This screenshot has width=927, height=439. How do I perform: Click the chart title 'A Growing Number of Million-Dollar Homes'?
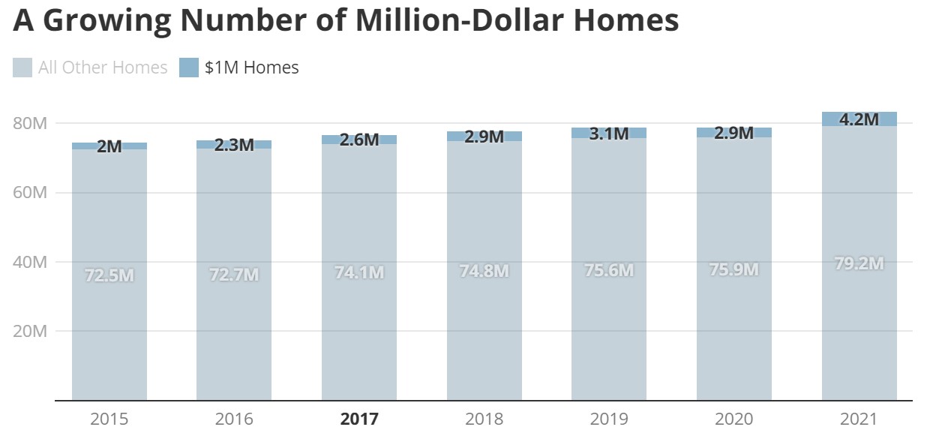(x=346, y=21)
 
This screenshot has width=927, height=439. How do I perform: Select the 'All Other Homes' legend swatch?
(x=22, y=68)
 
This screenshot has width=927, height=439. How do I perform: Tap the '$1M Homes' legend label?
(x=251, y=68)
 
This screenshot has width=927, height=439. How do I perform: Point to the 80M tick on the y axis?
(x=31, y=123)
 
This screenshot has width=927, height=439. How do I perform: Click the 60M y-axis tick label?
(x=31, y=193)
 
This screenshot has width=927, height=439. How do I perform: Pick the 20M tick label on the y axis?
(x=31, y=331)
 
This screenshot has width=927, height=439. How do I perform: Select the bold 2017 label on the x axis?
(x=359, y=419)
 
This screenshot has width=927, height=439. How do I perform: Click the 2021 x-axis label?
(x=859, y=419)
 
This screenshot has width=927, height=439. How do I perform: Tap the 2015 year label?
(x=109, y=419)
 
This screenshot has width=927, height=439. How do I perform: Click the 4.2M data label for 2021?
(x=859, y=119)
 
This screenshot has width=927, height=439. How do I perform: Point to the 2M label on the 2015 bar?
(x=109, y=146)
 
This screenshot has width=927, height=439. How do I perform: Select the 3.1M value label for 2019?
(x=609, y=134)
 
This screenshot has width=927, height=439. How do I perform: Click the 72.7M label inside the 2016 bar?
(x=234, y=275)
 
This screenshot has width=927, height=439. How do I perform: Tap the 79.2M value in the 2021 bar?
(x=859, y=263)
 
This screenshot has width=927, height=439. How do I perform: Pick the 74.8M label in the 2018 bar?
(x=484, y=271)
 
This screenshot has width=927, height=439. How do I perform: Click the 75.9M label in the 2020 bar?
(x=733, y=269)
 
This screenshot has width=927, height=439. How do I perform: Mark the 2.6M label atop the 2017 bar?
(x=359, y=139)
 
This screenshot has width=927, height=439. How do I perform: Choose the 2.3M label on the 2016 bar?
(x=234, y=144)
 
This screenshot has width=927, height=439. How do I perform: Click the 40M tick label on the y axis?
(x=31, y=262)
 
